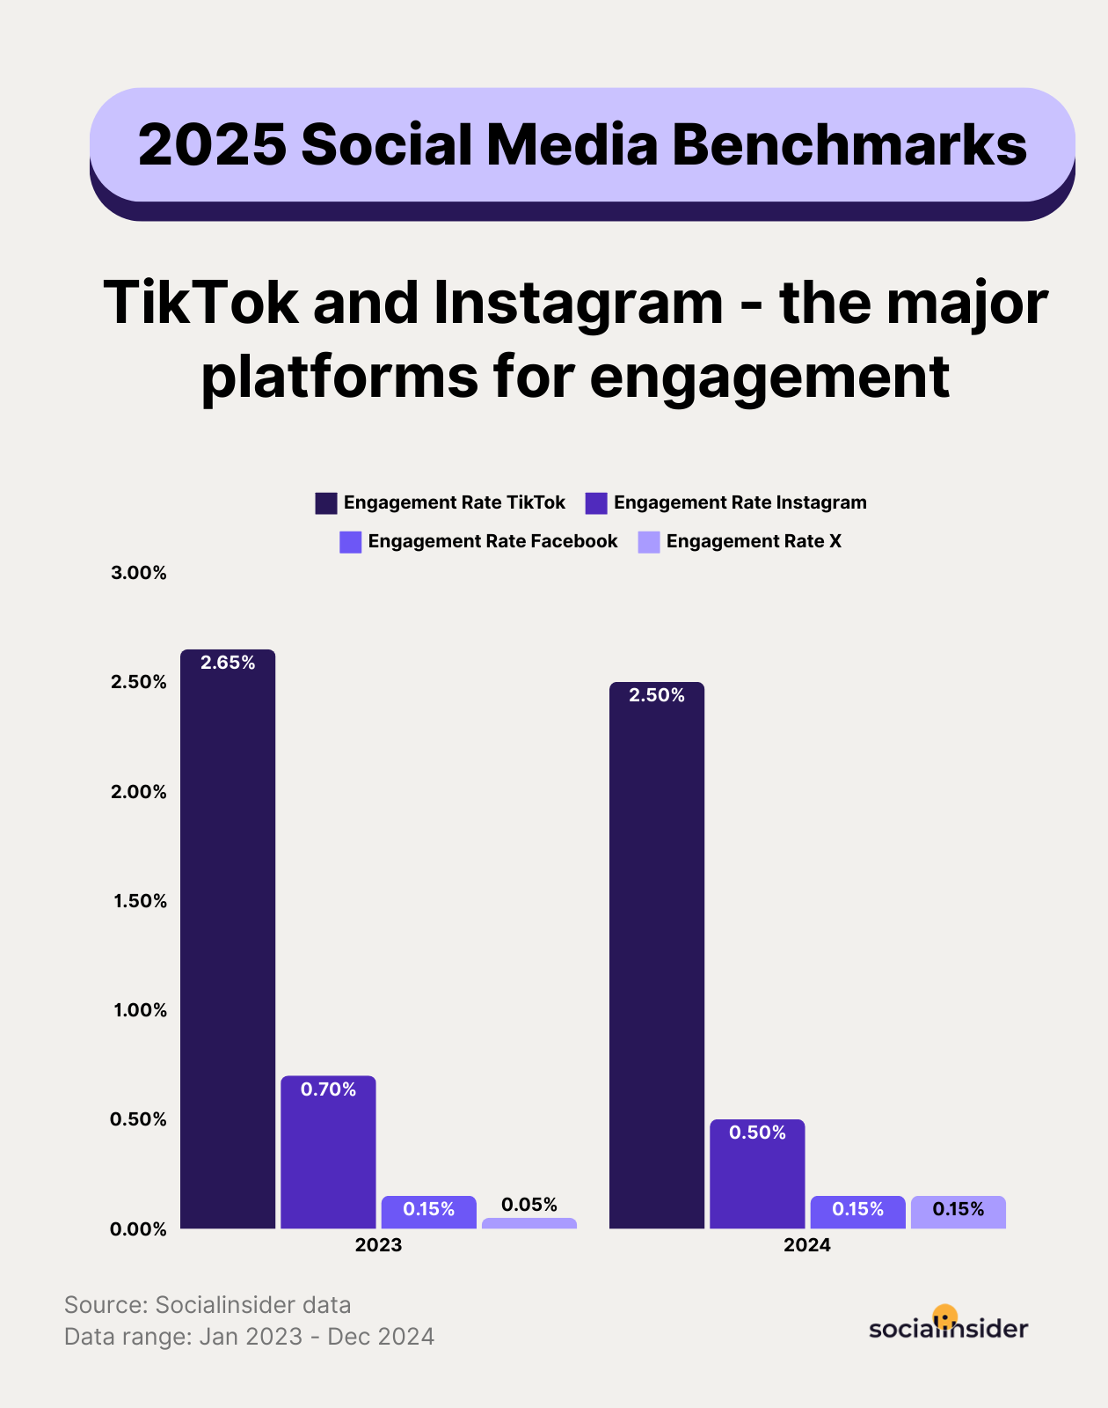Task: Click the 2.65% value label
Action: tap(228, 663)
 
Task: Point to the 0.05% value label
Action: tap(529, 1204)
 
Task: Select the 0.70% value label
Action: tap(328, 1089)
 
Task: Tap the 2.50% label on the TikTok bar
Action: tap(657, 695)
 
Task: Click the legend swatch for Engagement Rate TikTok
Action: tap(326, 503)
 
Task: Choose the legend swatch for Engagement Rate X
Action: tap(649, 542)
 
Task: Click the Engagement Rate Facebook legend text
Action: tap(492, 541)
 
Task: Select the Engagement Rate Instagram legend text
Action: tap(740, 502)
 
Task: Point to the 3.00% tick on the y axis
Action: tap(138, 573)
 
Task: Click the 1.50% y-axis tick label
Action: tap(140, 901)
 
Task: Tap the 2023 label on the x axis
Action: tap(378, 1245)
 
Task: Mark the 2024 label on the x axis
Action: tap(807, 1245)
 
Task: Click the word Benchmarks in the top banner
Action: tap(849, 144)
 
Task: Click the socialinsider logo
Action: tap(948, 1325)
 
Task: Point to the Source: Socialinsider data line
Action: tap(208, 1304)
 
